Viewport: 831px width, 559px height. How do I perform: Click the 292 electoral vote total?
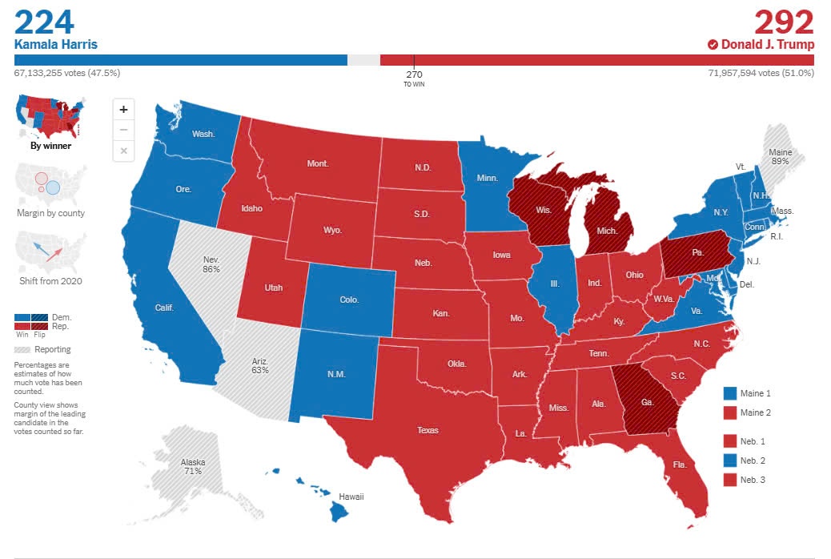pyautogui.click(x=784, y=22)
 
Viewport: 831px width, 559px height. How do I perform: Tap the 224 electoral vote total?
pyautogui.click(x=44, y=22)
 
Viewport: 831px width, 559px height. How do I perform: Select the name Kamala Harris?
pyautogui.click(x=56, y=44)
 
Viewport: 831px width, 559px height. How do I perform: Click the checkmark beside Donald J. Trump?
pyautogui.click(x=713, y=45)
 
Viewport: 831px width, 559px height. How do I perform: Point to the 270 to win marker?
pyautogui.click(x=414, y=78)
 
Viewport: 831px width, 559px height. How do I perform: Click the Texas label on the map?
pyautogui.click(x=428, y=430)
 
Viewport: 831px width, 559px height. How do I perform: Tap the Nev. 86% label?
pyautogui.click(x=211, y=264)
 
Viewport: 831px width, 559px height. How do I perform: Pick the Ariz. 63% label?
pyautogui.click(x=259, y=366)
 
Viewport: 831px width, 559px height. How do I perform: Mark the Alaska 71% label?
pyautogui.click(x=192, y=467)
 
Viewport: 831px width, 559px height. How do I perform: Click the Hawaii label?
pyautogui.click(x=351, y=497)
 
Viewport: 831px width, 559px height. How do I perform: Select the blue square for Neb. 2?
pyautogui.click(x=729, y=460)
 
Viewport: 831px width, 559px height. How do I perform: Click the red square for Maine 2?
pyautogui.click(x=729, y=412)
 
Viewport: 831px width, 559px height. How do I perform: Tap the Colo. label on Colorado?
pyautogui.click(x=349, y=300)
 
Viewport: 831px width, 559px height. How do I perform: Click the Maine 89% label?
pyautogui.click(x=779, y=156)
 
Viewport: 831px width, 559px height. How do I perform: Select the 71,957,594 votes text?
pyautogui.click(x=761, y=73)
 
